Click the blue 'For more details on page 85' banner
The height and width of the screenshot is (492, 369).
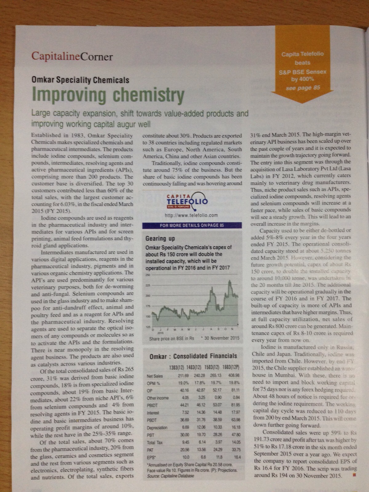click(192, 225)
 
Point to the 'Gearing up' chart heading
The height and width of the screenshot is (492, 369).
click(160, 238)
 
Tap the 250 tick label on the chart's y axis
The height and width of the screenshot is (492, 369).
click(147, 275)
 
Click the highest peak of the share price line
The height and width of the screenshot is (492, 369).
click(229, 281)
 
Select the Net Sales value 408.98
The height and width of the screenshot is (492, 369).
click(234, 375)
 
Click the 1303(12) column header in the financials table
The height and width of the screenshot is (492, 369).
click(177, 368)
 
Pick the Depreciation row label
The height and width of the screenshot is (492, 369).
click(157, 428)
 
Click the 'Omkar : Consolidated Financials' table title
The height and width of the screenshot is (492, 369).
click(193, 356)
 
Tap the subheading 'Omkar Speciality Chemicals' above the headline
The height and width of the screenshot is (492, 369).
click(80, 80)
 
